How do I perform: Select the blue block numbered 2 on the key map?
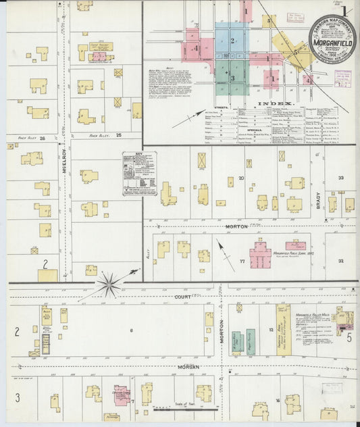tap(232, 41)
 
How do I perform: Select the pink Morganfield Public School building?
tap(260, 255)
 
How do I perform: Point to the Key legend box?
tap(139, 174)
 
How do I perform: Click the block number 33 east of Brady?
tap(341, 178)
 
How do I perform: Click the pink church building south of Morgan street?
tap(122, 396)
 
